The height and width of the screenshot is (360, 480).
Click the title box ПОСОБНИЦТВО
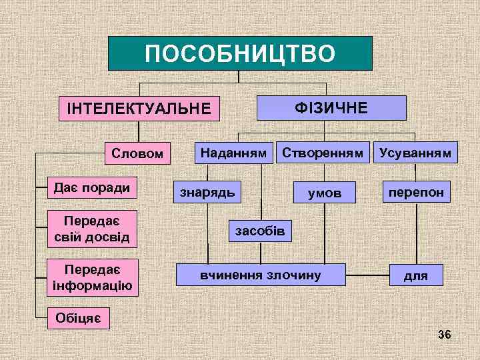[x=240, y=53]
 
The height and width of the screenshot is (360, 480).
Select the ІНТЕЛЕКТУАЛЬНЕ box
[x=139, y=108]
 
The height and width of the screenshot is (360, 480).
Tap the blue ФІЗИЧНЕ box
[x=331, y=107]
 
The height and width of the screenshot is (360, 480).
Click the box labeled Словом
[x=137, y=153]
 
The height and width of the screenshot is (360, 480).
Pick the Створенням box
[x=323, y=153]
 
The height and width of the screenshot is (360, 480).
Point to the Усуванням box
[x=415, y=153]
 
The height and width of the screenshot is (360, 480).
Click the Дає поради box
[x=92, y=187]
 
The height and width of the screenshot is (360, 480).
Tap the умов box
[x=324, y=193]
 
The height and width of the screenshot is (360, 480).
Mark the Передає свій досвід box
[x=92, y=228]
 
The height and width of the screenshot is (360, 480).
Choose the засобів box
[x=260, y=231]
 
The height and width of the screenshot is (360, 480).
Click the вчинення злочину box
[x=261, y=275]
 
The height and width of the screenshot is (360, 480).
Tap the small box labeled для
[x=416, y=275]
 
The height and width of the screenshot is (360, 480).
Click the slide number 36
[x=445, y=334]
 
